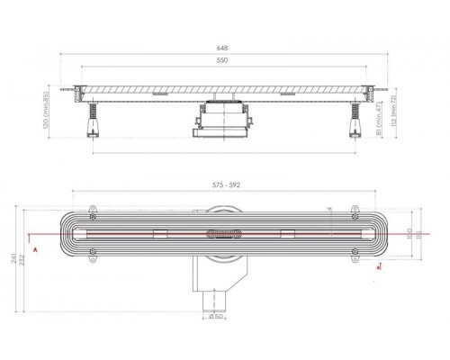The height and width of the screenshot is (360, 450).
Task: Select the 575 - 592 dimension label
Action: (x=221, y=185)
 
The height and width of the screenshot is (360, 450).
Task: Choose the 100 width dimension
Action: (x=409, y=236)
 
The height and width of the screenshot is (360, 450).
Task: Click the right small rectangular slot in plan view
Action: (x=288, y=235)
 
